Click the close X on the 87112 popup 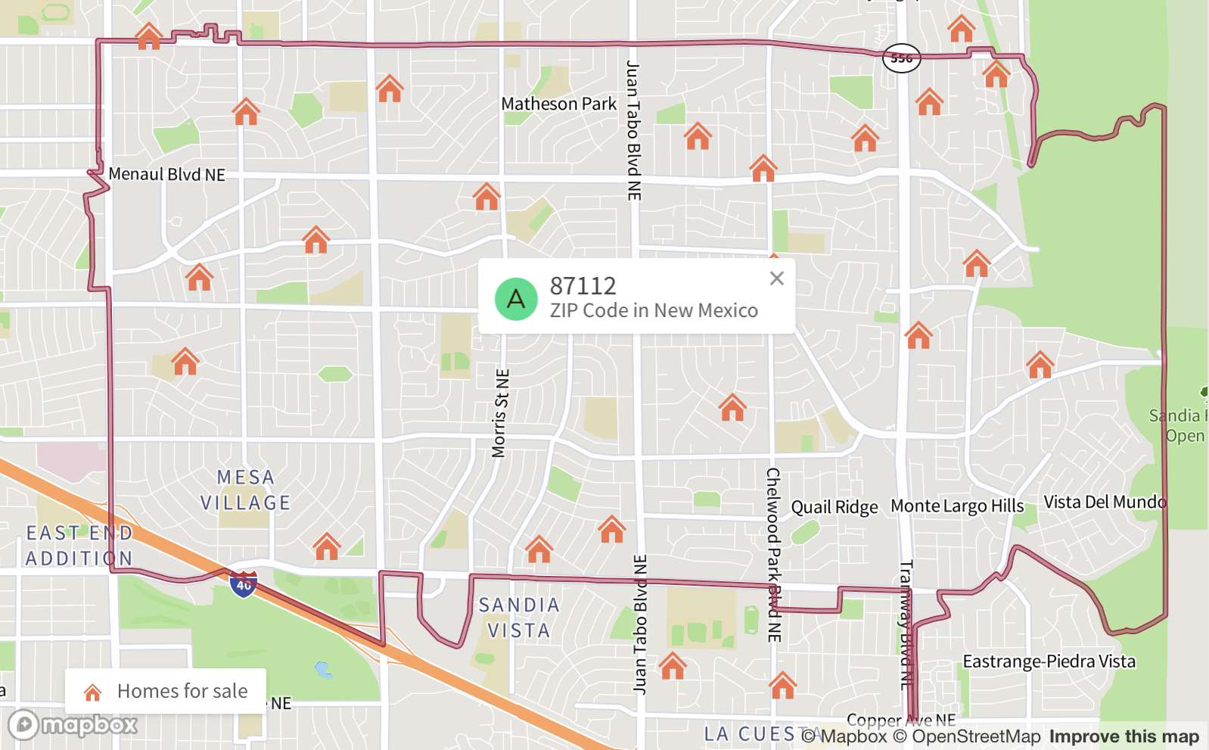[776, 279]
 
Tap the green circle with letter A [516, 299]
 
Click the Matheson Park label [558, 104]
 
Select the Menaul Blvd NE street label [166, 174]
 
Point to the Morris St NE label [500, 413]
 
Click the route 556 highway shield [901, 58]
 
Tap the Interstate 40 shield [244, 584]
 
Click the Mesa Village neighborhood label [245, 490]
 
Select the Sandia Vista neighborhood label [519, 618]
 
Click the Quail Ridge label [834, 507]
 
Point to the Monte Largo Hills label [957, 506]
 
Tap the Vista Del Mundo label [1105, 502]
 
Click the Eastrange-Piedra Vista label [1049, 661]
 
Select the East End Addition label [79, 546]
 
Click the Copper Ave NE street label [900, 720]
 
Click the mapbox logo [73, 725]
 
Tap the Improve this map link [1124, 736]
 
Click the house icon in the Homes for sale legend [93, 692]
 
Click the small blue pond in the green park [323, 670]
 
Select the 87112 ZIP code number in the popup [583, 286]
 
